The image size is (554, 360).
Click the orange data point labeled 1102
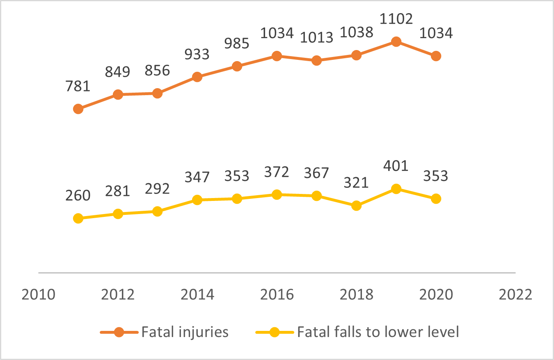396,41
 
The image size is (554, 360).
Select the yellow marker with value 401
396,189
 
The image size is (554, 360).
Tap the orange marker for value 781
78,109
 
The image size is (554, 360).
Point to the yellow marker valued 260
78,218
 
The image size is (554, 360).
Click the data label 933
197,54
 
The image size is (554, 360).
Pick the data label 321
356,182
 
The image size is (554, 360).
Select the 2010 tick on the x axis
39,295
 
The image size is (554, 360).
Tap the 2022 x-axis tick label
515,295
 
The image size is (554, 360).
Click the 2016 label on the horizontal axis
277,295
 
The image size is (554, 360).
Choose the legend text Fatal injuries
185,332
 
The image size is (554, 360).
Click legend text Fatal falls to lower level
378,332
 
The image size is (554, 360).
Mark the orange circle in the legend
119,332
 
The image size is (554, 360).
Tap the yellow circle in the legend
275,332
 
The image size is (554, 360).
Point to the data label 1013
316,38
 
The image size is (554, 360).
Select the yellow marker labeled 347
197,200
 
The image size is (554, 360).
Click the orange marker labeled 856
157,93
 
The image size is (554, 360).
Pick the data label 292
157,188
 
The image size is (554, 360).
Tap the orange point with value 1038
356,55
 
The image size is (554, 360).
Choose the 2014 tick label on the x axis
197,295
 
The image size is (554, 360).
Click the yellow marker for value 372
277,194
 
